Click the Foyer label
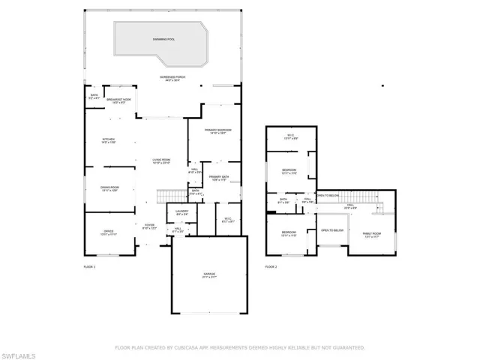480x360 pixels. tap(149, 226)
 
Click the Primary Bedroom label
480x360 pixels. tap(217, 130)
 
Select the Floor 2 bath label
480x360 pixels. tap(283, 201)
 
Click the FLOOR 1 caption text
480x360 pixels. tap(90, 266)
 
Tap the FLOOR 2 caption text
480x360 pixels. tap(271, 266)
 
